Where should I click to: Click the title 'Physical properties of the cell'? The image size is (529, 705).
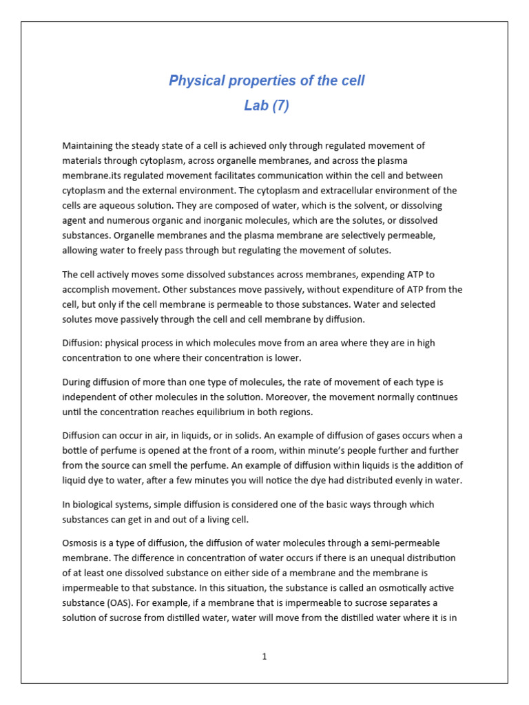(x=267, y=81)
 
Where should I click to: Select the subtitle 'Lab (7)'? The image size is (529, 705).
(x=267, y=105)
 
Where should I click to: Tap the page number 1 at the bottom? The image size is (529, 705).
(x=264, y=656)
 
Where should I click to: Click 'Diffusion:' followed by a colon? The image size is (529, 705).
(x=83, y=343)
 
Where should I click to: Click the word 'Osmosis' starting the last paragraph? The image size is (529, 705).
(x=81, y=543)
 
